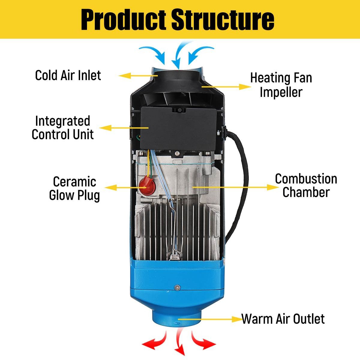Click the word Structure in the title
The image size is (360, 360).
(223, 19)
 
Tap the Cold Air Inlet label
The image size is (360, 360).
(68, 75)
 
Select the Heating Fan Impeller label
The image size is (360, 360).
(281, 85)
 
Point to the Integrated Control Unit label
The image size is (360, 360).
(62, 128)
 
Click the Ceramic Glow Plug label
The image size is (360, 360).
(74, 188)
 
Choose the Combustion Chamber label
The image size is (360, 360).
(306, 185)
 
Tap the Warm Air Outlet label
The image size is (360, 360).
(283, 319)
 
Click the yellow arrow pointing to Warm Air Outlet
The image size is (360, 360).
(210, 319)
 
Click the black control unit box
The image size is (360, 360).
(179, 127)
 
